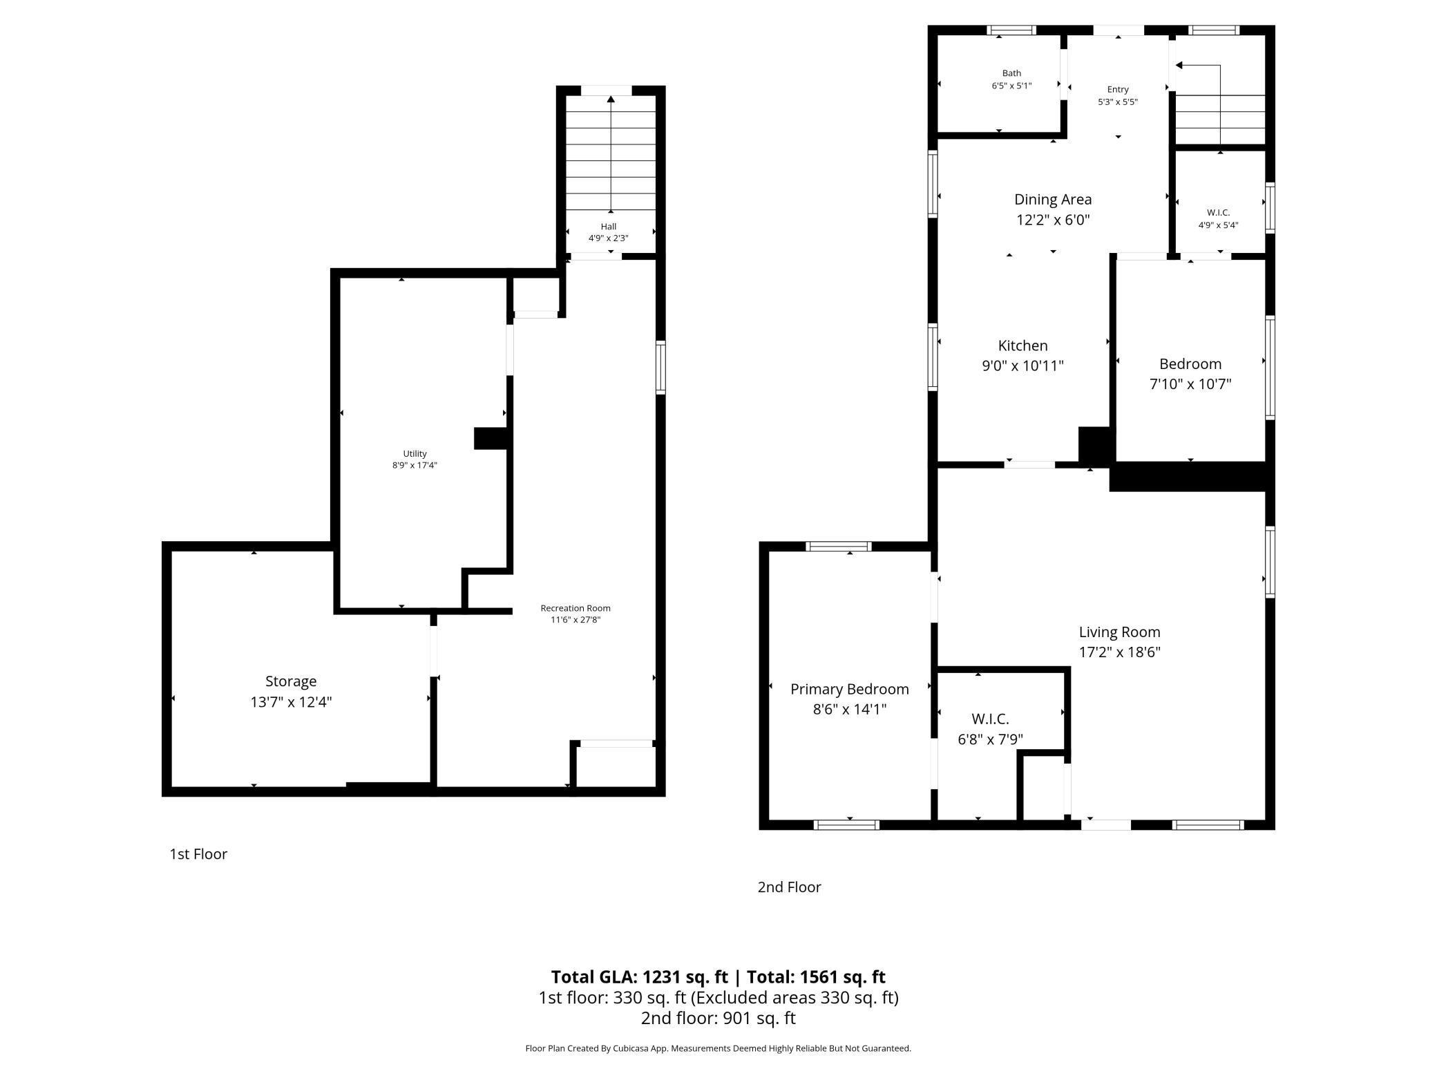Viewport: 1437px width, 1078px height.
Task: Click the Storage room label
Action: coord(291,681)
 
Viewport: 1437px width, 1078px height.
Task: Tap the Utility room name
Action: coord(415,454)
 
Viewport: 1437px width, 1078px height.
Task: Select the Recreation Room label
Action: coord(575,608)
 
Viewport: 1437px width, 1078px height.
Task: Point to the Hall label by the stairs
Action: coord(609,227)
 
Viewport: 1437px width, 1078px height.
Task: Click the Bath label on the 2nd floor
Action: coord(1011,73)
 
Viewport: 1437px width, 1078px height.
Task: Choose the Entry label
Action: coord(1118,89)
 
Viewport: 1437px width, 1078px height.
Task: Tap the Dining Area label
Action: coord(1053,200)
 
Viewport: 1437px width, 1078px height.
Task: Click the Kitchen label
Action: coord(1022,346)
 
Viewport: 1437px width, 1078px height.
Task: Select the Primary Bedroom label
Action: coord(849,689)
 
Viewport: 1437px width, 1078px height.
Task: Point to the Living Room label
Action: coord(1119,632)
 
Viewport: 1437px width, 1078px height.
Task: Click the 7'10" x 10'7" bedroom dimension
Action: coord(1190,384)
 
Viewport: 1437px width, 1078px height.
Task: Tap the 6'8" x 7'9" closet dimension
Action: coord(990,739)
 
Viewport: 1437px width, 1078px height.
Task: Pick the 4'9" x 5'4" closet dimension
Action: coord(1218,225)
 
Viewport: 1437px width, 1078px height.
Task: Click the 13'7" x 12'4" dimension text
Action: coord(291,702)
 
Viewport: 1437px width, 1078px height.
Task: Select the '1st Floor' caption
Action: coord(198,854)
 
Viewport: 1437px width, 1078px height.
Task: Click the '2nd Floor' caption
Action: coord(789,887)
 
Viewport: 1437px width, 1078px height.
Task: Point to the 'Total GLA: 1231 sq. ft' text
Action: coord(640,977)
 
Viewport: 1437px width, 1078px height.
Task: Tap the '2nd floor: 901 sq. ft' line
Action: coord(718,1018)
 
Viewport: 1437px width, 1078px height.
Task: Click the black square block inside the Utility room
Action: coord(491,439)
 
